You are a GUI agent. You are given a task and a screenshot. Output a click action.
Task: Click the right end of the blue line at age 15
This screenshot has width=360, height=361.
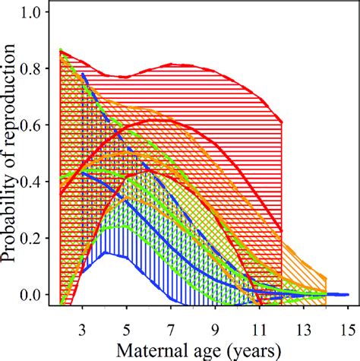[348, 294]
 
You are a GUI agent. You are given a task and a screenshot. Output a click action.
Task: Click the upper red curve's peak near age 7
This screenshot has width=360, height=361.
[173, 65]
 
